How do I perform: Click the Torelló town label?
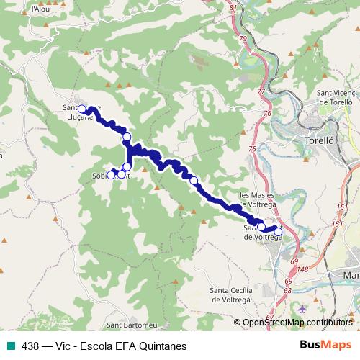[321, 141]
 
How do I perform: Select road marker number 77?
[261, 93]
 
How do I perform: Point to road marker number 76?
[267, 114]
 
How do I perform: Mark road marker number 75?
[252, 148]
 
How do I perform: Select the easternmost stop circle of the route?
[279, 231]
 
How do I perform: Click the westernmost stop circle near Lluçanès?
[82, 109]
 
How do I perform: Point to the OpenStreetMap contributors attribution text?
[297, 323]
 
